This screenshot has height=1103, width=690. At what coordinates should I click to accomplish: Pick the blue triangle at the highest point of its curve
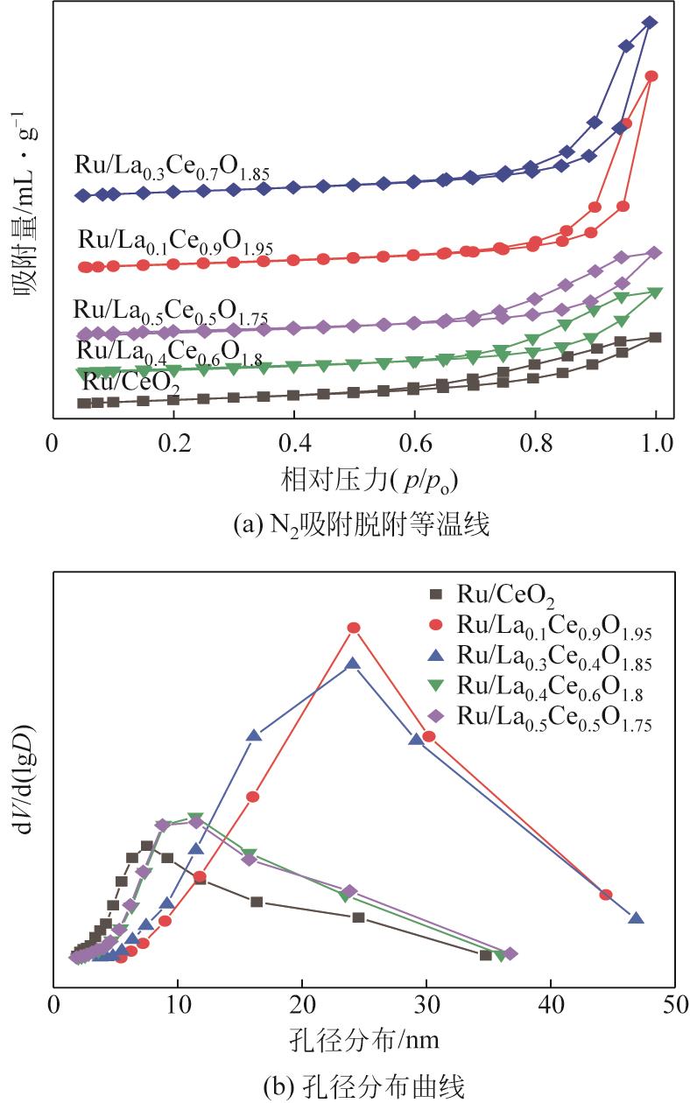[353, 664]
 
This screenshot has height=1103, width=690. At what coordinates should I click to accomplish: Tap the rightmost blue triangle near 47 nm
[637, 918]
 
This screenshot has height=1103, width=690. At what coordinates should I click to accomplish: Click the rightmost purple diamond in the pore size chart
[510, 953]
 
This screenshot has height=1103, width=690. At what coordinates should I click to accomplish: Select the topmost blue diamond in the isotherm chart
[650, 23]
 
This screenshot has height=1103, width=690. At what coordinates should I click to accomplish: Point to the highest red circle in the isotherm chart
[651, 76]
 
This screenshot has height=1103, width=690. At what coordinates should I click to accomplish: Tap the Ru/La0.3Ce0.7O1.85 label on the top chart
[172, 167]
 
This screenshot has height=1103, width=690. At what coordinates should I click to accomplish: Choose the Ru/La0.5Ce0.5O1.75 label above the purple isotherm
[170, 311]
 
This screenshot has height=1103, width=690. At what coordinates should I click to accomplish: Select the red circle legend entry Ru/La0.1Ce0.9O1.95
[543, 628]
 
